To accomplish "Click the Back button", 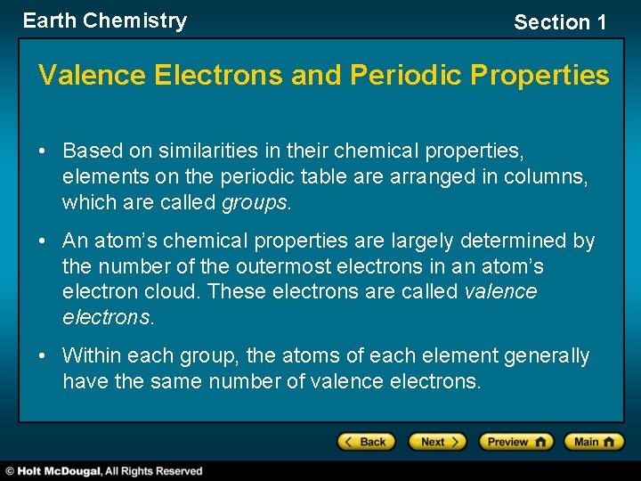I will click(365, 442).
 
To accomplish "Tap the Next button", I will click(436, 442).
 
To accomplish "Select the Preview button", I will click(515, 442).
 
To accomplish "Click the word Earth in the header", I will click(49, 21).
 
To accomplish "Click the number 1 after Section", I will click(601, 23).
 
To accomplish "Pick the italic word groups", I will click(254, 203).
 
